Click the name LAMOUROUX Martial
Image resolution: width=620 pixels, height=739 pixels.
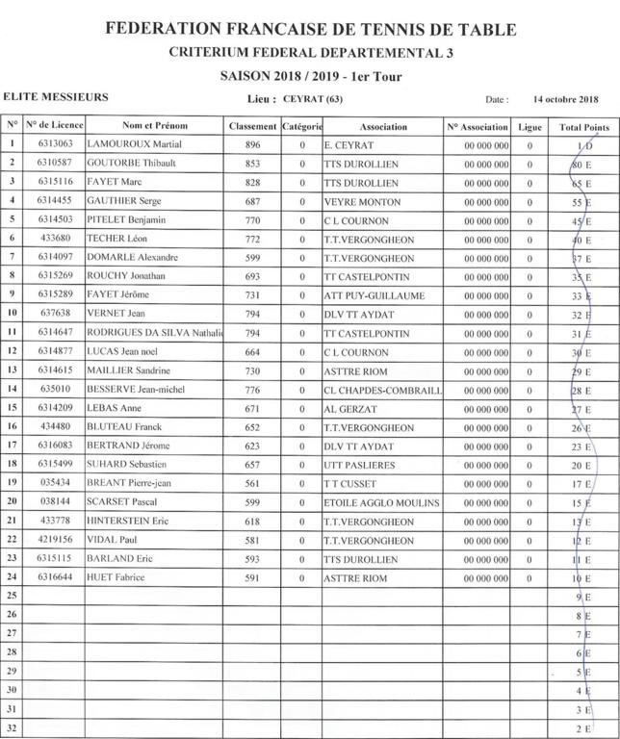pyautogui.click(x=136, y=145)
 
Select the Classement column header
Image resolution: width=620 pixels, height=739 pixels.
pyautogui.click(x=253, y=127)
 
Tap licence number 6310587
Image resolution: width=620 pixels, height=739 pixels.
pyautogui.click(x=55, y=164)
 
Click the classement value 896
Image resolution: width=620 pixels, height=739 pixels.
pyautogui.click(x=253, y=145)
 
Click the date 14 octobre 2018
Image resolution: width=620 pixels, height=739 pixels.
pyautogui.click(x=565, y=99)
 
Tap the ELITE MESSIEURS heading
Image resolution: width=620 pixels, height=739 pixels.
pyautogui.click(x=56, y=97)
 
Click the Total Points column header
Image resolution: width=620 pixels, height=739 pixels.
pyautogui.click(x=584, y=127)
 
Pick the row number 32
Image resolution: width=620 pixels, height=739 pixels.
pyautogui.click(x=13, y=727)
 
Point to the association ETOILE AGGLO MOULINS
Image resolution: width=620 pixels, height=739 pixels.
pyautogui.click(x=381, y=502)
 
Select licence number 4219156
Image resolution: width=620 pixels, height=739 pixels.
pyautogui.click(x=55, y=540)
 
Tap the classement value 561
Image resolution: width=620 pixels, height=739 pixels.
pyautogui.click(x=253, y=483)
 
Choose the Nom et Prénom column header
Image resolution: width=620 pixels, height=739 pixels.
pyautogui.click(x=155, y=127)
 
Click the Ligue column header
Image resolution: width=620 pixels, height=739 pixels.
pyautogui.click(x=530, y=127)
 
